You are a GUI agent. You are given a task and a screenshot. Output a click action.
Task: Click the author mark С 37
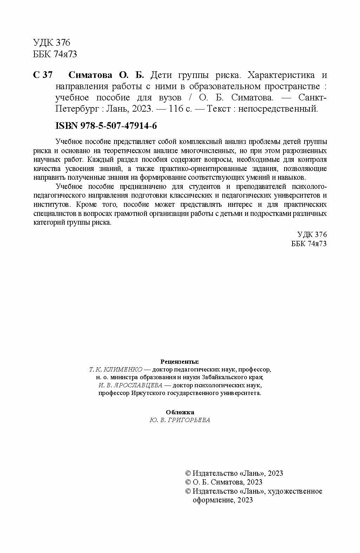[x=42, y=75]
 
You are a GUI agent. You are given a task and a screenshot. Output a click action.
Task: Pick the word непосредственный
[x=278, y=109]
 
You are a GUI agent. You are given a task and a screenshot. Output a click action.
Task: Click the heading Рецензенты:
[x=179, y=361]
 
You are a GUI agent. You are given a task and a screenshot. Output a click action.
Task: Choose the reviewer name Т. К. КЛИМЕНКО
[x=116, y=369]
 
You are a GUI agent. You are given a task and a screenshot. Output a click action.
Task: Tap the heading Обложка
[x=179, y=412]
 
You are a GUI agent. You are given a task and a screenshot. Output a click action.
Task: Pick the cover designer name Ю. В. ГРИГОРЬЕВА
[x=179, y=420]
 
